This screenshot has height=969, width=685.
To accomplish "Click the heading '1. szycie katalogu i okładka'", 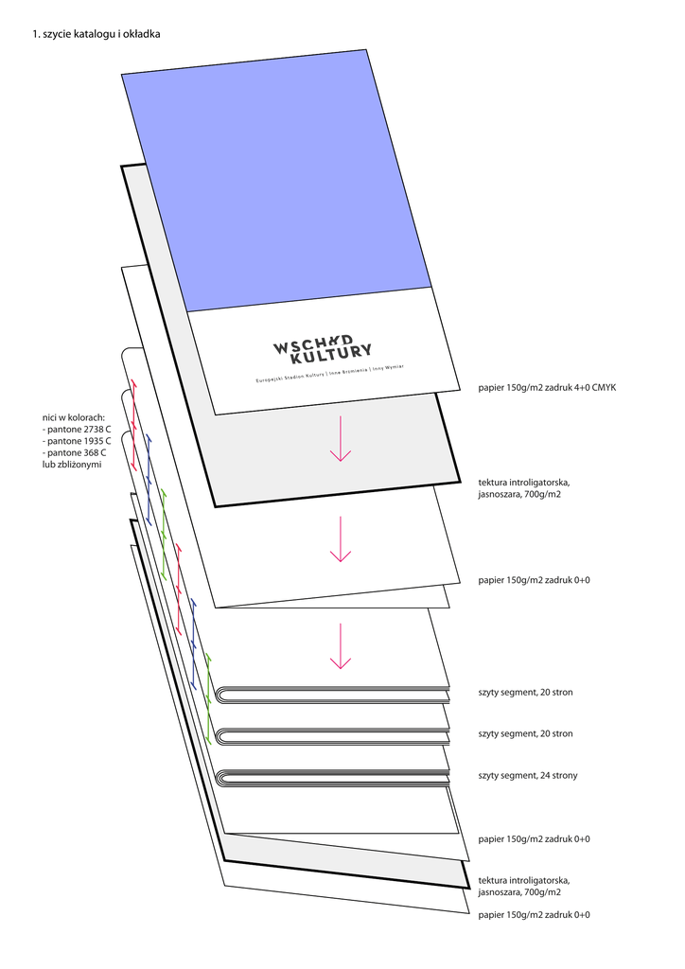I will (96, 34).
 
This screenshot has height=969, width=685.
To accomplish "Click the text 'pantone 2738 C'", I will (79, 429).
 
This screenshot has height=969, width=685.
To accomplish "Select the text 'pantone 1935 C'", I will (79, 441).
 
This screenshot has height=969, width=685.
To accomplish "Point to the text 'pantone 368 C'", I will (78, 453).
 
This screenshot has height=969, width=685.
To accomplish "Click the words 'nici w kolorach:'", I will (74, 416).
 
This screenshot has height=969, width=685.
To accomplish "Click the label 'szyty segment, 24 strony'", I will (528, 776).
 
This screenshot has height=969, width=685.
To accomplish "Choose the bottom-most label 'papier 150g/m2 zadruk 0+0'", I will (534, 915).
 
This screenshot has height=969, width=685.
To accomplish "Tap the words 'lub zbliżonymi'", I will (72, 465).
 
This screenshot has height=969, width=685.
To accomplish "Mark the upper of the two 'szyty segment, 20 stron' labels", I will (525, 693).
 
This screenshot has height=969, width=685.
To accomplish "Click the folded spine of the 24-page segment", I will (223, 779).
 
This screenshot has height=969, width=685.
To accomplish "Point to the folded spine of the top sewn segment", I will (223, 696).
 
